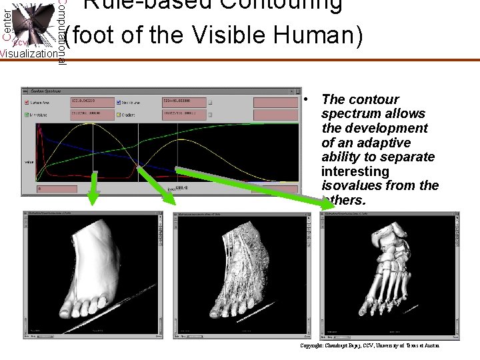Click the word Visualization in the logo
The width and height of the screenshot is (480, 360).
click(29, 54)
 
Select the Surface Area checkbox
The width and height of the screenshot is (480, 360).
click(27, 103)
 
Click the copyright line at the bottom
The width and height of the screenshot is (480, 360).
click(370, 346)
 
